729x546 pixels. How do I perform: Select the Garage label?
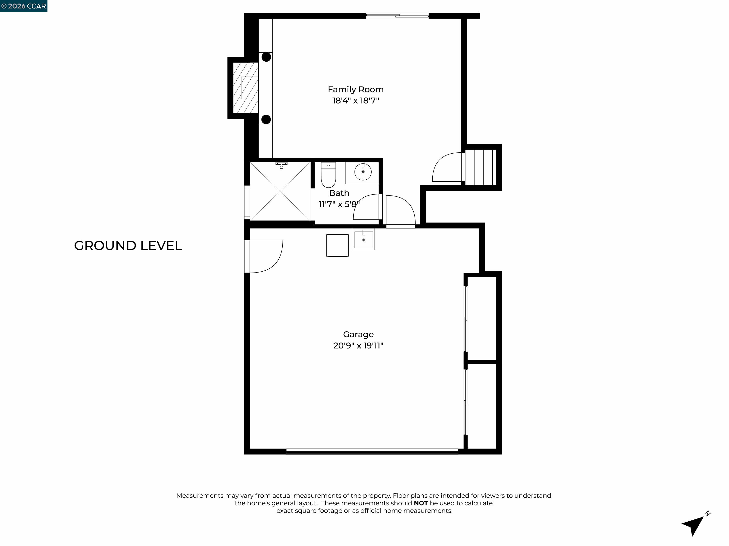(x=358, y=334)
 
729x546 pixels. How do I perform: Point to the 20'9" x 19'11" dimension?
(x=358, y=346)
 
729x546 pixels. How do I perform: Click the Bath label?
(x=339, y=193)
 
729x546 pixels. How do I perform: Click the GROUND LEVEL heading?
(x=128, y=246)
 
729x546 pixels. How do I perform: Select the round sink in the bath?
(x=363, y=172)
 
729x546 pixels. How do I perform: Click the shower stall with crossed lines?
(x=280, y=191)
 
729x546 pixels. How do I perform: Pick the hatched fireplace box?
(x=246, y=87)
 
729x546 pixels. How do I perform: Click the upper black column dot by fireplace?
(x=266, y=57)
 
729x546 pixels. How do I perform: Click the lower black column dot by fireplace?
(x=266, y=119)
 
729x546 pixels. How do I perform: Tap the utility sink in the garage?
(x=364, y=239)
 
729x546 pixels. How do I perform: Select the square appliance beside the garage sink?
(x=337, y=245)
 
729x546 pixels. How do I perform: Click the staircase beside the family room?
(x=481, y=167)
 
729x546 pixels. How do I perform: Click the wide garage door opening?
(x=372, y=451)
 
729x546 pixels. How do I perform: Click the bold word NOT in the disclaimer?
(x=421, y=503)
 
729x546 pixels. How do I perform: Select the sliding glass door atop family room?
(x=397, y=15)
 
